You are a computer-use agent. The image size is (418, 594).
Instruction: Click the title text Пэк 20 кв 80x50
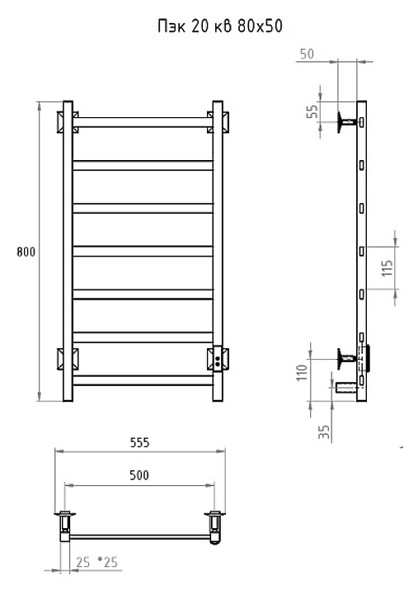coord(220,26)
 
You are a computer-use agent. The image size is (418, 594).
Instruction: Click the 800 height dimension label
coord(26,252)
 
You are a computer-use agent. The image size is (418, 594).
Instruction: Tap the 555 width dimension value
coord(139,442)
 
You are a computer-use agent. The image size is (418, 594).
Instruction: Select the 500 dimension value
coord(139,475)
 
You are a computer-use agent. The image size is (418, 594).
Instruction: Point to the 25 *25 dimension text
coord(97,562)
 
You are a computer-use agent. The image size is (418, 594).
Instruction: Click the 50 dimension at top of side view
coord(307,54)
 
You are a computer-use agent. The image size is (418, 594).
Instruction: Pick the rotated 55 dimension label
coord(312,111)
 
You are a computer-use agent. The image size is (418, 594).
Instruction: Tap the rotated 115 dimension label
coord(387,268)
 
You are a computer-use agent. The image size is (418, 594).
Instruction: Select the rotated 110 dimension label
coord(302,373)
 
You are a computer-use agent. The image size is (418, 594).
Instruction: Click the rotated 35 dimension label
coord(324,432)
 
